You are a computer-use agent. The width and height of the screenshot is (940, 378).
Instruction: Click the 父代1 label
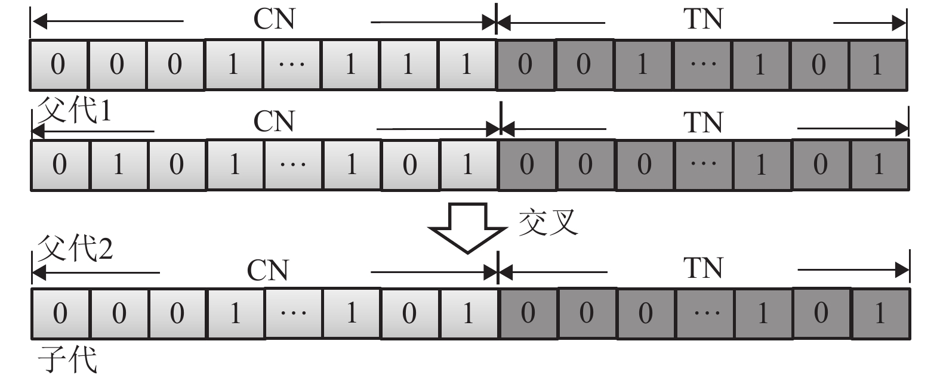[x=74, y=111]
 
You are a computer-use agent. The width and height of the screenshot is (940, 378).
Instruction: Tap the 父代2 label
[x=75, y=247]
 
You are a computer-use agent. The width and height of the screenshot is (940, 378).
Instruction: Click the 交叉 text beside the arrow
[x=548, y=222]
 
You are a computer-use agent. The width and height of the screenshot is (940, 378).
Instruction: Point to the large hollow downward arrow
[x=468, y=227]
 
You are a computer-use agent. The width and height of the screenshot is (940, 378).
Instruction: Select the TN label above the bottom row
[x=703, y=268]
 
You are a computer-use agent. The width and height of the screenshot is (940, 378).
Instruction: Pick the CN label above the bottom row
[x=268, y=270]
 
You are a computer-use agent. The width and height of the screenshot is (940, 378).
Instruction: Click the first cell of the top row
[x=58, y=64]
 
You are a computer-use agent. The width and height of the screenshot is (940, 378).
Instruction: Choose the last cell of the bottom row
[x=880, y=313]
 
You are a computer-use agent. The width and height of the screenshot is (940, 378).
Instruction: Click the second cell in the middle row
[x=118, y=164]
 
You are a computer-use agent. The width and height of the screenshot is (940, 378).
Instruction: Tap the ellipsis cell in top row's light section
[x=291, y=64]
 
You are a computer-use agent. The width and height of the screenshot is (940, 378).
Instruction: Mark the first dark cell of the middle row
[x=526, y=164]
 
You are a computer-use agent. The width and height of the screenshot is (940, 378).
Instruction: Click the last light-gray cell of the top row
[x=467, y=64]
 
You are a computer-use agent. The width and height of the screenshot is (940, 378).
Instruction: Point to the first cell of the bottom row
[x=60, y=313]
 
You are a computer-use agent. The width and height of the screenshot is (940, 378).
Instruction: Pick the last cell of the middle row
[x=879, y=164]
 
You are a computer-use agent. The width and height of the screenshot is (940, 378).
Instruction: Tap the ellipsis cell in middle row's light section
[x=292, y=164]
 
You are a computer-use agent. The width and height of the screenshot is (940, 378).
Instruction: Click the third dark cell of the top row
[x=642, y=64]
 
